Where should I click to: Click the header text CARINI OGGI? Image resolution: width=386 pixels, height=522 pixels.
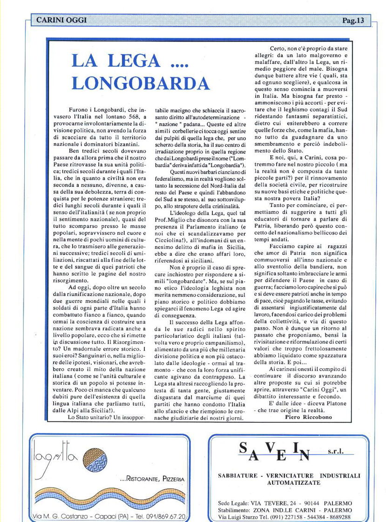coord(61,20)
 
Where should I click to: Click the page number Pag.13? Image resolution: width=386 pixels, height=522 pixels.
coord(353,20)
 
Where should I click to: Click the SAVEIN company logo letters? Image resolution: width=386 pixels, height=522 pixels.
coord(275,451)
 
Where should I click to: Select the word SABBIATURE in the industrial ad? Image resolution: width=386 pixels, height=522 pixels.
coord(237,475)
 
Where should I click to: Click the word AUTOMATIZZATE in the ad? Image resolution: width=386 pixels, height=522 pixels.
coord(294,483)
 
